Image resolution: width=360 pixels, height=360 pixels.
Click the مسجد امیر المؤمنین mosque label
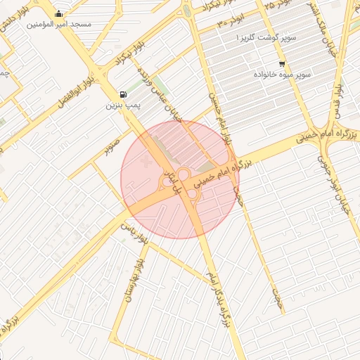point(59,24)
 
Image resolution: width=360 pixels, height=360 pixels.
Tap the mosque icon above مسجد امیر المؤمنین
point(58,13)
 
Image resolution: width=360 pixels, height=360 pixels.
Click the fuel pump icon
point(124,95)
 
